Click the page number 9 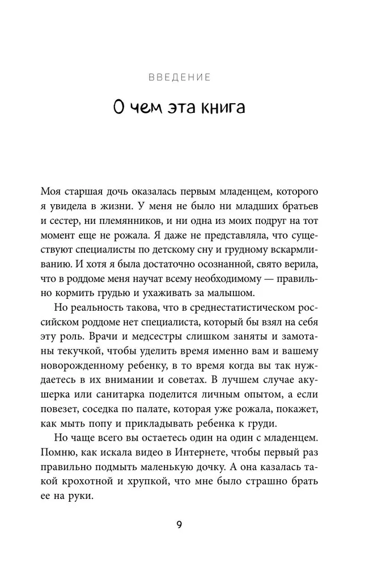pyautogui.click(x=179, y=524)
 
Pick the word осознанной pyautogui.click(x=226, y=262)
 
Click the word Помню pyautogui.click(x=58, y=454)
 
